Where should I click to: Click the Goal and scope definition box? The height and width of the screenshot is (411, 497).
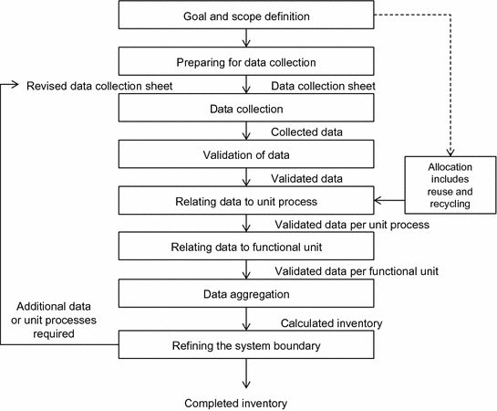(x=245, y=16)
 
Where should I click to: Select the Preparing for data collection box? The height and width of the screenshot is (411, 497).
(x=245, y=62)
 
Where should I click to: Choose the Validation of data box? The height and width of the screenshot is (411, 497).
(x=245, y=153)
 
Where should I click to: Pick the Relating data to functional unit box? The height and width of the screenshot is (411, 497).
(x=245, y=247)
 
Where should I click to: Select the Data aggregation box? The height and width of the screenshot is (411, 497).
(x=245, y=293)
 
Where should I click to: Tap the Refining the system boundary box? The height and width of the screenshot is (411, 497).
(x=245, y=344)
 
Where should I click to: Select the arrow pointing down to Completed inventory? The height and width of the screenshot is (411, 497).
(x=245, y=374)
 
